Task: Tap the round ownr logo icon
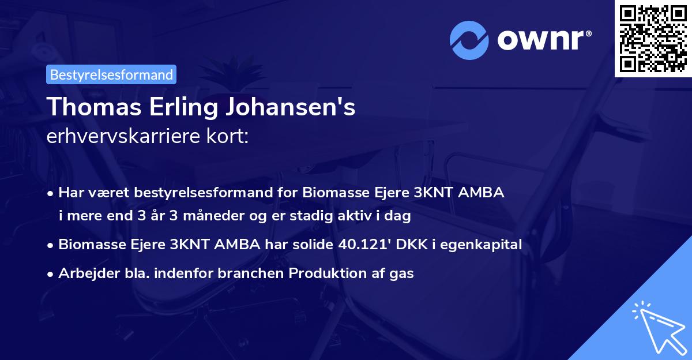[x=469, y=40]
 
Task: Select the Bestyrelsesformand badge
[x=111, y=74]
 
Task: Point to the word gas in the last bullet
[x=403, y=273]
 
